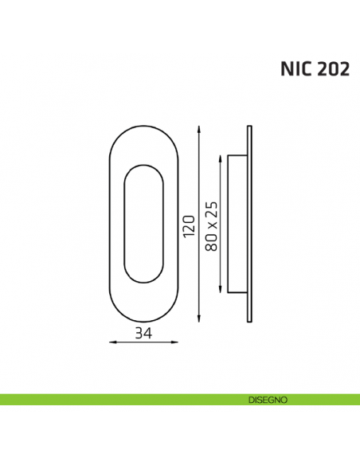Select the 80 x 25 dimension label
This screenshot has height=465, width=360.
pos(211,226)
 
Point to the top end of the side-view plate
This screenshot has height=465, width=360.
pos(250,127)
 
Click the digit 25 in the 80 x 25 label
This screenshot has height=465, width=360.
pos(211,209)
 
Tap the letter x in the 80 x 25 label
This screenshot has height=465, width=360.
pos(212,225)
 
